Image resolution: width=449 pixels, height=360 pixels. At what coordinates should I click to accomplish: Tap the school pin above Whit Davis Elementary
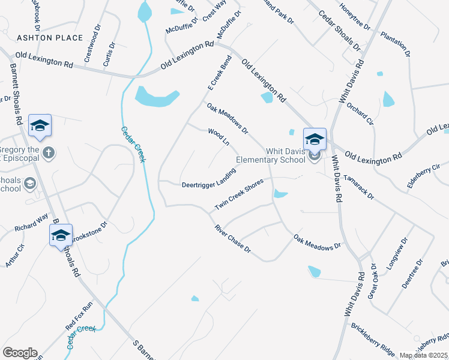click(315, 139)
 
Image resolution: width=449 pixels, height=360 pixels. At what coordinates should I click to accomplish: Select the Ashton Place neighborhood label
click(50, 38)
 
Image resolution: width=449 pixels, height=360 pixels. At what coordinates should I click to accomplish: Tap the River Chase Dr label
click(232, 238)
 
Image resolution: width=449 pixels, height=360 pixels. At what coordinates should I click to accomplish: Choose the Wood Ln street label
click(219, 136)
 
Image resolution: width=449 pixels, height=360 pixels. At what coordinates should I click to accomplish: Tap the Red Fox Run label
click(80, 316)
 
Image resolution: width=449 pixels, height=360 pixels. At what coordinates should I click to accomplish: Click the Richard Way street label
click(31, 223)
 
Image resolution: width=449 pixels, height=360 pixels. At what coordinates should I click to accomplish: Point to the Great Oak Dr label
click(373, 278)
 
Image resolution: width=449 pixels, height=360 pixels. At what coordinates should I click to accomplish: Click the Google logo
click(20, 353)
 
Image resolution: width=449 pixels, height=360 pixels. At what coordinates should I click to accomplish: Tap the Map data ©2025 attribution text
click(424, 355)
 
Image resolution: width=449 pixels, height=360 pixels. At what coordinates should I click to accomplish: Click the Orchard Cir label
click(360, 114)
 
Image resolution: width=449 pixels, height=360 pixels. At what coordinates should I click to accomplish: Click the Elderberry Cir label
click(420, 178)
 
